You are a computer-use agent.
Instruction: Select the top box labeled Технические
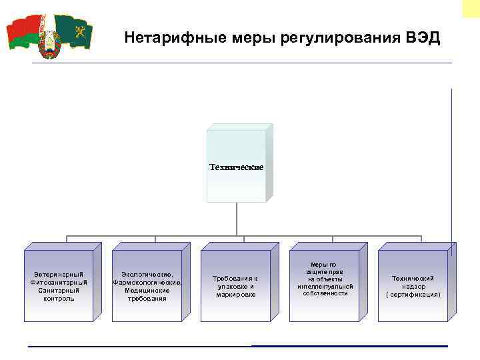(x=236, y=166)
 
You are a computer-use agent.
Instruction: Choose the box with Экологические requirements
(x=147, y=286)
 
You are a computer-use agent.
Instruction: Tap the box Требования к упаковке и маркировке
(x=235, y=286)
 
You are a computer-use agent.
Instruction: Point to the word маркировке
(x=235, y=294)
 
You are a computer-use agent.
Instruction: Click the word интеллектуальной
(x=323, y=286)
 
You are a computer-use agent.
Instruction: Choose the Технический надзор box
(x=413, y=286)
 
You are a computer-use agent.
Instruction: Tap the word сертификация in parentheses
(x=413, y=294)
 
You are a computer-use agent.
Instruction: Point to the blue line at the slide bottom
(x=349, y=346)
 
